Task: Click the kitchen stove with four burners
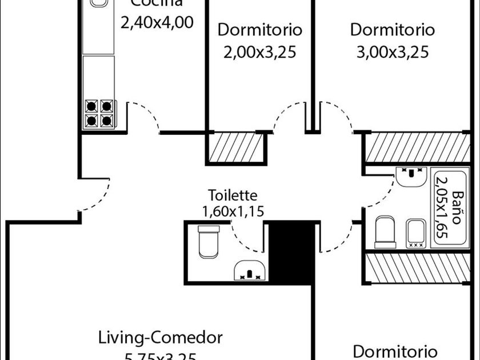[x=99, y=113]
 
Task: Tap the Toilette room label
[x=233, y=196]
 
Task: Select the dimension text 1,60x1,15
[x=233, y=211]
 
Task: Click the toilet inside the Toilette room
[x=207, y=241]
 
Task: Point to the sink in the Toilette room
[x=250, y=270]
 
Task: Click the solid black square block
[x=291, y=251]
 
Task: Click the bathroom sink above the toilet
[x=410, y=178]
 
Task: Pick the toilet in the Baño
[x=385, y=231]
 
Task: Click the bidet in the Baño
[x=415, y=233]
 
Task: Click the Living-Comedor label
[x=160, y=337]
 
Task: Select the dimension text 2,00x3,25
[x=260, y=53]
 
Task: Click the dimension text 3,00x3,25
[x=393, y=53]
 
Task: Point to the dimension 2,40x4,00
[x=156, y=22]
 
